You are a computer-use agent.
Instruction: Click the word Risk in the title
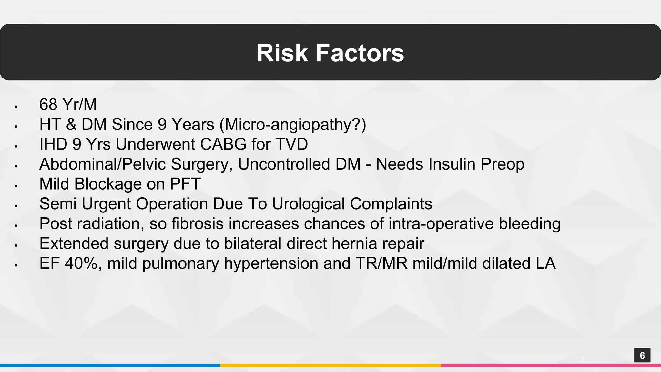[x=282, y=53]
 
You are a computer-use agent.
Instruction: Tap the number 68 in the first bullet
[x=48, y=105]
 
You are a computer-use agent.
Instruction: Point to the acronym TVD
[x=292, y=144]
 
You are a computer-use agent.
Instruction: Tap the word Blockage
[x=108, y=184]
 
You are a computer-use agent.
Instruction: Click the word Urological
[x=308, y=204]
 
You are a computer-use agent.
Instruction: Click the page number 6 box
[x=642, y=355]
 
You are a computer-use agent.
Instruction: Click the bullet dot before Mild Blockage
[x=15, y=186]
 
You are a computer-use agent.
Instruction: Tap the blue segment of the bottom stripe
[x=110, y=365]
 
